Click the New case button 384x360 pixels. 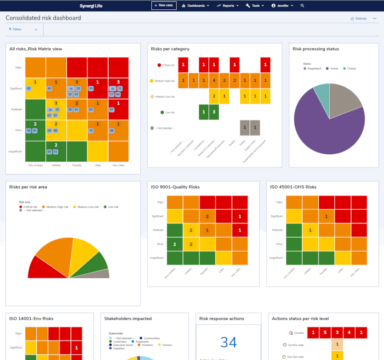164,5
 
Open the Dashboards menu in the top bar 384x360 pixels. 196,6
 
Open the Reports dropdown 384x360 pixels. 228,6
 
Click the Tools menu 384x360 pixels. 255,6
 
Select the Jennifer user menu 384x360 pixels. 283,6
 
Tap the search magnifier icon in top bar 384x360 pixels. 303,6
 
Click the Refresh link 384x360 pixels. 359,19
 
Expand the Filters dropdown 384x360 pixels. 23,29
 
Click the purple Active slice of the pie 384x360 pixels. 324,129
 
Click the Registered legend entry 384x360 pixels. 313,68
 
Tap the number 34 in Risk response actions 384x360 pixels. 228,342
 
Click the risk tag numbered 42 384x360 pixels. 28,88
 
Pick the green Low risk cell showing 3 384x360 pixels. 214,112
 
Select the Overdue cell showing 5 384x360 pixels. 325,332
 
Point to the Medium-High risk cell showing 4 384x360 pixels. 214,80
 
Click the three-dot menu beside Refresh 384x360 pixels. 375,19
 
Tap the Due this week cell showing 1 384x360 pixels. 337,344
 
